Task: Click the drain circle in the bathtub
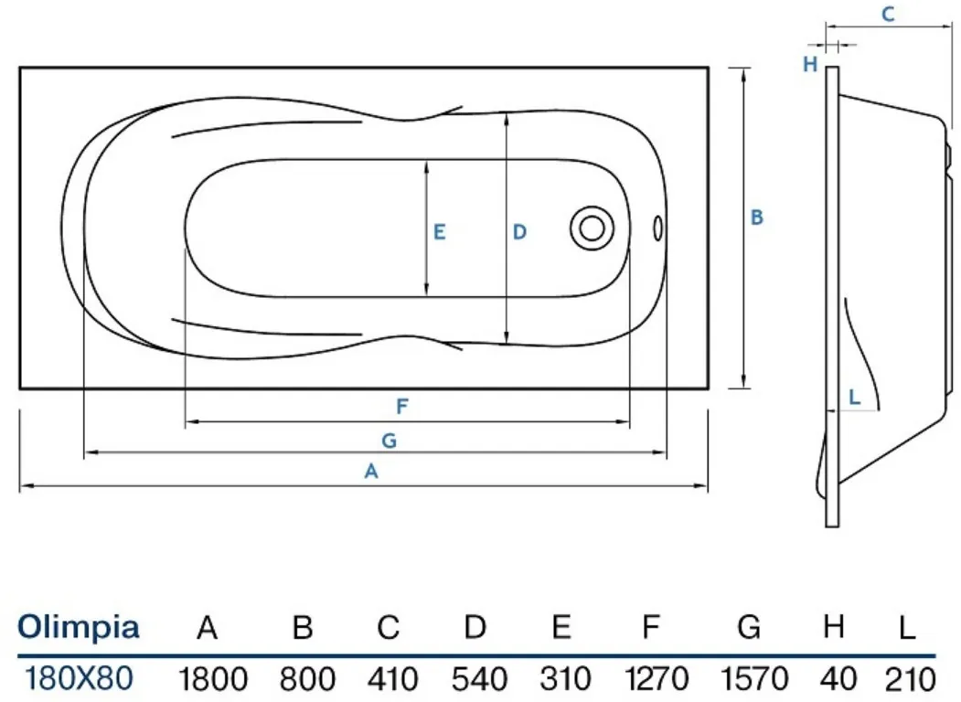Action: [592, 228]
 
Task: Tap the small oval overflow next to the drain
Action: [658, 228]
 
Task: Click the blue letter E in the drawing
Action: [440, 232]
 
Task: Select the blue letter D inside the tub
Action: [519, 232]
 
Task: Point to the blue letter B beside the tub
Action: [757, 218]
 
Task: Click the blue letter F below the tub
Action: [402, 406]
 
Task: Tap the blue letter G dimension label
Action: [390, 441]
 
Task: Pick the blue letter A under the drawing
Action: [371, 471]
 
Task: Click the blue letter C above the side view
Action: [888, 14]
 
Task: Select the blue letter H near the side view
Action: [810, 64]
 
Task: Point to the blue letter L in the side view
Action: [854, 397]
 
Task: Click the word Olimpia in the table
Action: [79, 627]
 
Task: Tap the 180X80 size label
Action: [79, 678]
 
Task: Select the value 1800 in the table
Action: [213, 679]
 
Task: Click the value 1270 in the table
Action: [657, 679]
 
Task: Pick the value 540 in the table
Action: [479, 679]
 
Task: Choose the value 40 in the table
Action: [838, 679]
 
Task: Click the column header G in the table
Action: [749, 627]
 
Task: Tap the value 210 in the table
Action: [910, 679]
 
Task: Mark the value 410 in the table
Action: [393, 679]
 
